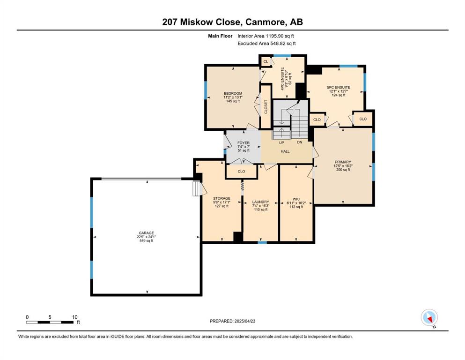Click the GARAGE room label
coord(146,233)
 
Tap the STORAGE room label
coord(221,198)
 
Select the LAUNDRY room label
coord(261,202)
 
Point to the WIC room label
coord(296,199)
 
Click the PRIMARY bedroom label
coord(343,162)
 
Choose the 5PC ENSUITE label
coord(339,87)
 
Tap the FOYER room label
coord(243,143)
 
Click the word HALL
coord(285,151)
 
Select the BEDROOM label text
coord(233,93)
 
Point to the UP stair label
coord(281,143)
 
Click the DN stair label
coord(300,142)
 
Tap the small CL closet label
coord(266,61)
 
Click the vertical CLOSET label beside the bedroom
coord(266,106)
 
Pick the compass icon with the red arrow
coord(429,317)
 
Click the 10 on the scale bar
coord(75,317)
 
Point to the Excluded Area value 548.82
coord(279,43)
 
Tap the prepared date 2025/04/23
coord(244,321)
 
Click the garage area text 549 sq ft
coord(146,240)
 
